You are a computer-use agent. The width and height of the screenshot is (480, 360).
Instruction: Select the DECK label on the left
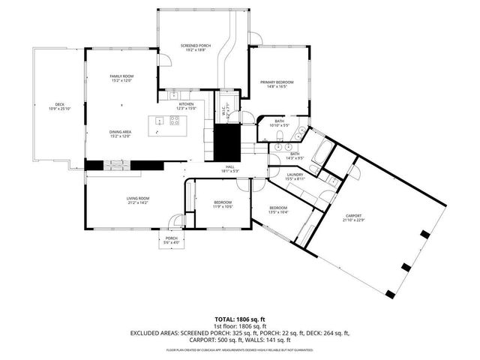click(58, 105)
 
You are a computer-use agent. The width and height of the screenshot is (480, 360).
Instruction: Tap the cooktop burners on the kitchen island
click(175, 122)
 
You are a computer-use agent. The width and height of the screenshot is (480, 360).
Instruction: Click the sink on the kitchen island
click(158, 121)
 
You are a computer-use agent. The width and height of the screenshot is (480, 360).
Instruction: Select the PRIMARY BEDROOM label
click(277, 82)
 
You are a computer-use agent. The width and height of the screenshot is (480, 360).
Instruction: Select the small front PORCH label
click(172, 239)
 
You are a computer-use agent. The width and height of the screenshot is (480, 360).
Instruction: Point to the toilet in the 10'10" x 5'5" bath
click(300, 133)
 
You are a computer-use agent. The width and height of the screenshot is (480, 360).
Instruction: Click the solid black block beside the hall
click(226, 142)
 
